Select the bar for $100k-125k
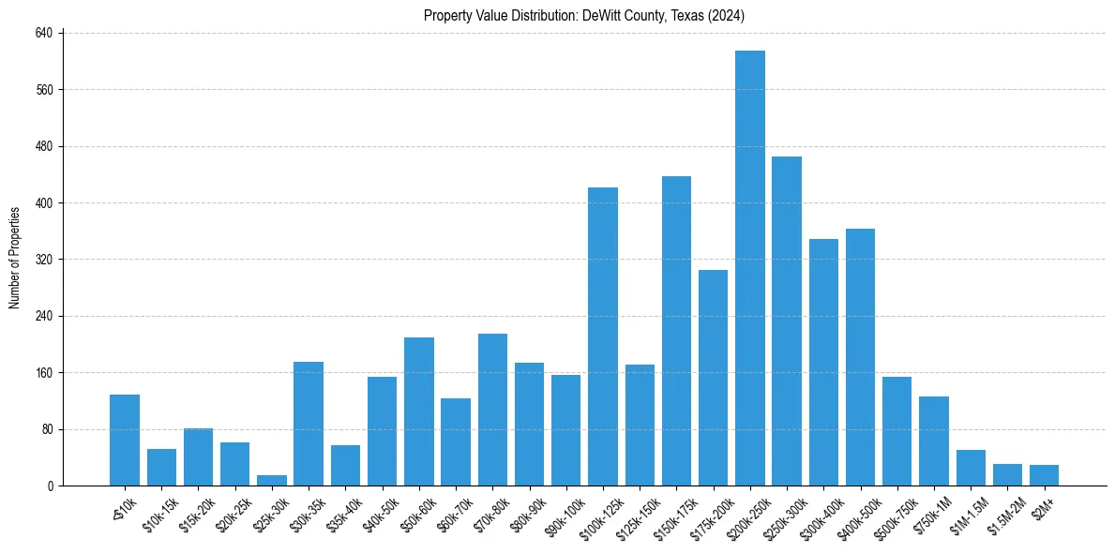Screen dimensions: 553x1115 603,336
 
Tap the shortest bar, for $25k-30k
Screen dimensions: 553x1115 272,480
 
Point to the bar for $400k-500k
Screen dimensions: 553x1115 860,357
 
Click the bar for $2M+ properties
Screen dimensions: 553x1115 1044,475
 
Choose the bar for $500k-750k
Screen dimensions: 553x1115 897,431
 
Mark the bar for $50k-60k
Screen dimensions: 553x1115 419,411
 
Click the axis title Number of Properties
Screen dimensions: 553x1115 15,258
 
